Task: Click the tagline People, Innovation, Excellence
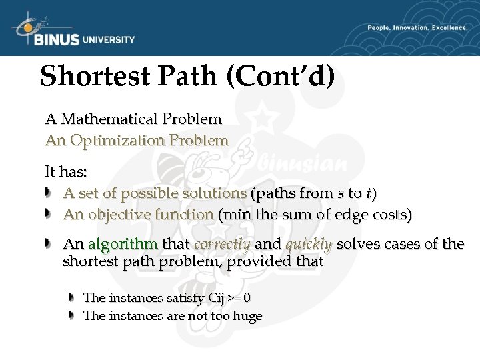[x=417, y=28]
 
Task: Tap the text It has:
[x=65, y=171]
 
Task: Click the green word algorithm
[x=123, y=244]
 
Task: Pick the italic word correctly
[x=222, y=244]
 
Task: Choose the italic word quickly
[x=309, y=244]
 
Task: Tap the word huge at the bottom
[x=246, y=316]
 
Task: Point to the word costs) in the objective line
[x=389, y=215]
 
